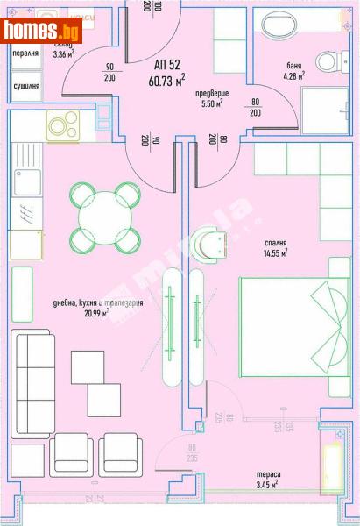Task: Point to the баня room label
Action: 295,65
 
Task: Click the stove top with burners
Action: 63,126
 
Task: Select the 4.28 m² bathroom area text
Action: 294,76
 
